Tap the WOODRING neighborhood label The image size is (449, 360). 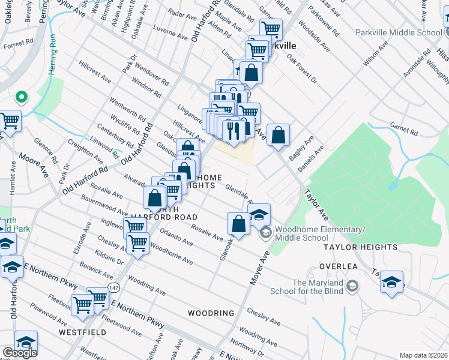[x=210, y=313]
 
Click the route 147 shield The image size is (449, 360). [x=113, y=289]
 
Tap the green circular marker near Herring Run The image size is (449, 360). [x=21, y=96]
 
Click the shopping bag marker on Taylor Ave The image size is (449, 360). [x=278, y=135]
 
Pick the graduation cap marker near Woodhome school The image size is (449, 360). [x=259, y=215]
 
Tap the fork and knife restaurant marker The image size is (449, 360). [x=233, y=130]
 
